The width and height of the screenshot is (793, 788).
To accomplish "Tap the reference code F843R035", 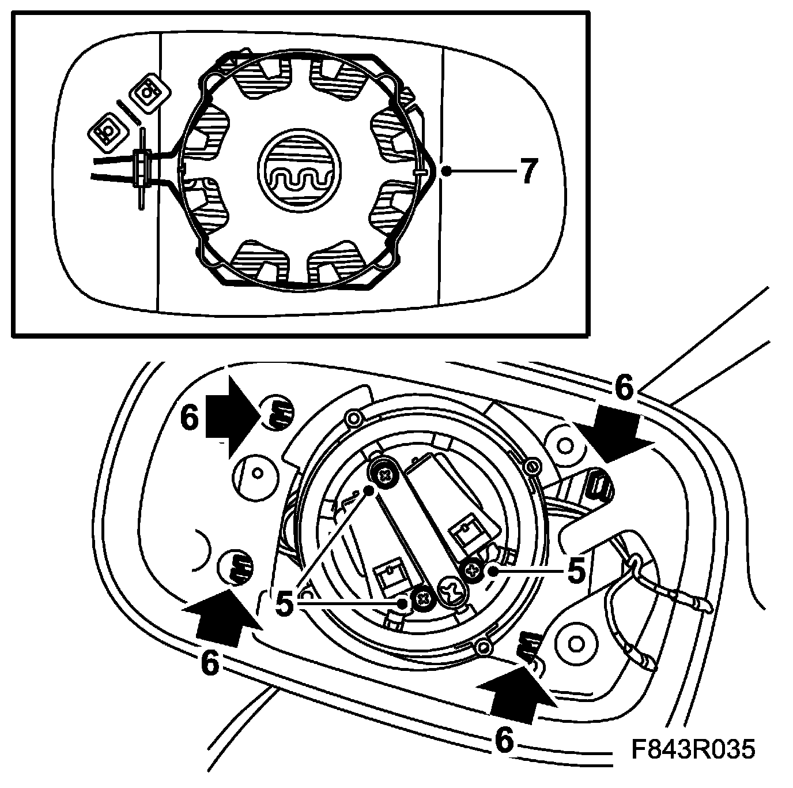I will click(692, 749).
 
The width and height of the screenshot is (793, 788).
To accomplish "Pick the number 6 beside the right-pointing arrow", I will click(190, 418).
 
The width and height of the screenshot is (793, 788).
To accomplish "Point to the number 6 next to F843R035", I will click(503, 740).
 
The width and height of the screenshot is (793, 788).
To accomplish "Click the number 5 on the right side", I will click(575, 571).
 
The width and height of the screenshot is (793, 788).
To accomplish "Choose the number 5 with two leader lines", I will click(286, 604).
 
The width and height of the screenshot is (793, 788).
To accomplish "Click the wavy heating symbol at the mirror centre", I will click(294, 172).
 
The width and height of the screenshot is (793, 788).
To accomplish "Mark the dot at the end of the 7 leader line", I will click(445, 171).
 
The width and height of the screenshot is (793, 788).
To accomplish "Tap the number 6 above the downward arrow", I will click(624, 388).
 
